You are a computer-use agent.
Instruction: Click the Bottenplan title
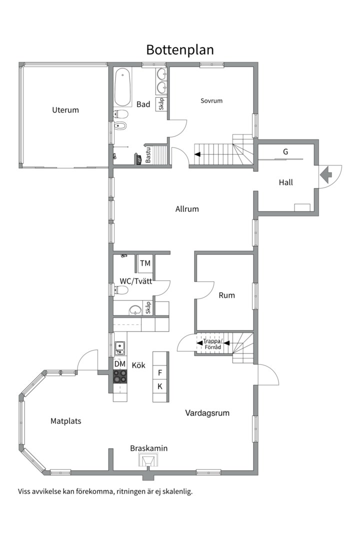click(x=180, y=50)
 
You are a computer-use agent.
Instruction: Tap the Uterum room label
click(x=65, y=110)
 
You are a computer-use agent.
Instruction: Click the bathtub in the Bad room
click(x=122, y=87)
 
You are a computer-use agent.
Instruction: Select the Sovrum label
click(x=211, y=100)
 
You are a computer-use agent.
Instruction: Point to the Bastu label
click(x=148, y=155)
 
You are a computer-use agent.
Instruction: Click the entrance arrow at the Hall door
click(x=326, y=175)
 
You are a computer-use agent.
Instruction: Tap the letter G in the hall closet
click(x=285, y=151)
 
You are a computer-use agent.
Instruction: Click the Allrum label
click(x=187, y=208)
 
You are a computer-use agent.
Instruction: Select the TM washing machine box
click(x=145, y=263)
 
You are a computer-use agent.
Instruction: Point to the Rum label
click(x=226, y=295)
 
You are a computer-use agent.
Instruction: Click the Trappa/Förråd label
click(x=212, y=344)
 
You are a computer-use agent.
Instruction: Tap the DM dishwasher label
click(x=120, y=363)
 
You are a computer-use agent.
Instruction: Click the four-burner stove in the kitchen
click(x=120, y=376)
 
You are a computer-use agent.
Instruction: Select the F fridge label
click(x=160, y=372)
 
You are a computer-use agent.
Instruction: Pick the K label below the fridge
click(x=160, y=386)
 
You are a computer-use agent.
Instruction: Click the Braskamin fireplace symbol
click(x=149, y=460)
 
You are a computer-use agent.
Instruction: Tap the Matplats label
click(x=66, y=421)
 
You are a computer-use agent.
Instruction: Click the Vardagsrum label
click(x=207, y=412)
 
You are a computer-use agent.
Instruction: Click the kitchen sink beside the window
click(x=120, y=347)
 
